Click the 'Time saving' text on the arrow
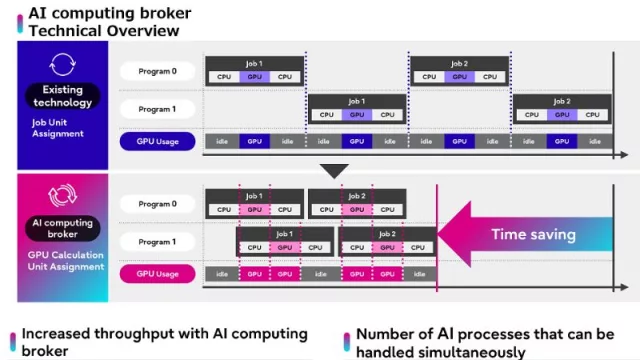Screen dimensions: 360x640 533,235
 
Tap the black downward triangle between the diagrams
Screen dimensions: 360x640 333,170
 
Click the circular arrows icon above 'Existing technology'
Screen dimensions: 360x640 63,66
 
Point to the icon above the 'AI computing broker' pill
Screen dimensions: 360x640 63,195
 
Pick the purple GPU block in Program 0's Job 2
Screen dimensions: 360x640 459,77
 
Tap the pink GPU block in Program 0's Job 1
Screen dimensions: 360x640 254,210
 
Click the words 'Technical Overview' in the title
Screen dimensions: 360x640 104,31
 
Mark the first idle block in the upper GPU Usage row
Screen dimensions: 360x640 222,142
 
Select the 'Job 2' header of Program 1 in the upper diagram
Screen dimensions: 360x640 561,101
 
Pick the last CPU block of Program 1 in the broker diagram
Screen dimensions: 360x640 418,247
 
